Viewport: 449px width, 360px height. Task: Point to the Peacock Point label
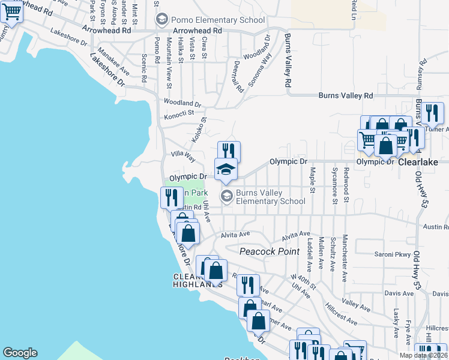270,251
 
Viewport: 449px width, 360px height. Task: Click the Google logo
20,353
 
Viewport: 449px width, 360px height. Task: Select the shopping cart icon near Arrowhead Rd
11,11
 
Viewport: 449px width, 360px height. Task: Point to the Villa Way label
183,156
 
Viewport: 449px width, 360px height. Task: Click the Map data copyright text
423,355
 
